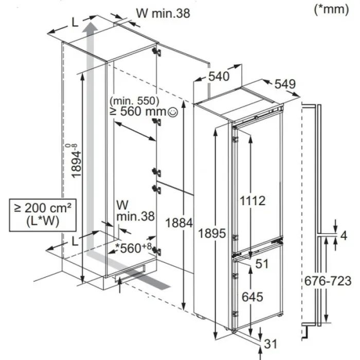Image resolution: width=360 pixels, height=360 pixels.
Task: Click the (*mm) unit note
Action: pos(331,10)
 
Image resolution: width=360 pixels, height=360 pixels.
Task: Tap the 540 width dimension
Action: pos(219,76)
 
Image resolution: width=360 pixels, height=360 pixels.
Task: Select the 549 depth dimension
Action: pos(285,84)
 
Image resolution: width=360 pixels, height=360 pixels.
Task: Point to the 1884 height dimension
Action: pos(179,223)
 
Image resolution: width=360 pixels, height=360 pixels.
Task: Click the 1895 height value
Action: pos(212,233)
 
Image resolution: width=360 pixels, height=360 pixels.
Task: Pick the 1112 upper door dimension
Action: pos(253,201)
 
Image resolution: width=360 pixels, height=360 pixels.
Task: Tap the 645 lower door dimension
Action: pos(253,297)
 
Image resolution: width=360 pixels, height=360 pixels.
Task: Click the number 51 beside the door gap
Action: pos(262,264)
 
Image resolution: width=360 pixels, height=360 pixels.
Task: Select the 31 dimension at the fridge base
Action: pos(271,344)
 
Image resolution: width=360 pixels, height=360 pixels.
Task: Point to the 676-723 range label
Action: pos(328,281)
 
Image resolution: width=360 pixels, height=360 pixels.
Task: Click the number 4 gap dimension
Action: pos(344,236)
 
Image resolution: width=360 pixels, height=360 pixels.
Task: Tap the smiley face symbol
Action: pos(173,112)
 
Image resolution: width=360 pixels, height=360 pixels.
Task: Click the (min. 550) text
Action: pos(134,101)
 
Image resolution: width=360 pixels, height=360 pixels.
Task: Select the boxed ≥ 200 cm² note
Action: pos(43,215)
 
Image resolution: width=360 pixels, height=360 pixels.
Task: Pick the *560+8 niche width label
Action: pos(133,248)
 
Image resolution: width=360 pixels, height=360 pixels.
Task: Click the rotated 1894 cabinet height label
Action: pos(76,160)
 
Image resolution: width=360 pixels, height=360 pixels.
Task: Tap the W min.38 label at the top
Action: pos(163,13)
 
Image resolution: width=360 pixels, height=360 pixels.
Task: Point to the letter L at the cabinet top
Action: pos(75,23)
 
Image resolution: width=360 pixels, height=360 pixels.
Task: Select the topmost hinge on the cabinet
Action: pos(156,52)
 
